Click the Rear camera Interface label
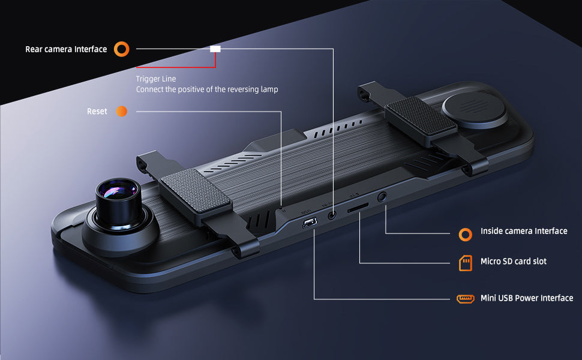pos(66,49)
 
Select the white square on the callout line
pos(215,49)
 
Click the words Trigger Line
pos(156,79)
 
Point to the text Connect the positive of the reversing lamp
pos(207,89)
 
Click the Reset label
pos(97,112)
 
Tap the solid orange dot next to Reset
pos(122,112)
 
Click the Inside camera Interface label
pos(524,231)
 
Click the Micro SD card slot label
pos(514,261)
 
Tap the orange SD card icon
pos(466,263)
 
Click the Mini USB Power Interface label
pos(527,298)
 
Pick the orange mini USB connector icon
pos(466,299)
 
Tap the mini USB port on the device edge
pos(310,223)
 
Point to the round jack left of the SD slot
pos(332,215)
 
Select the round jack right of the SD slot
pos(382,197)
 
